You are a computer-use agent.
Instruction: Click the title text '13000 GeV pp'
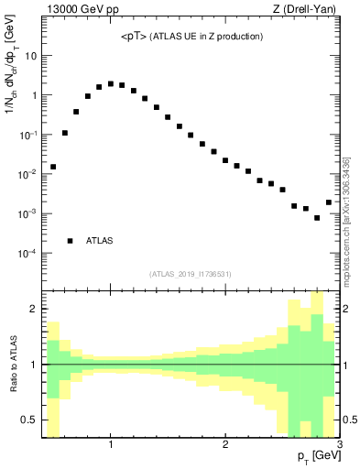[80, 9]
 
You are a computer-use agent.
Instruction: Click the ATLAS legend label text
[99, 241]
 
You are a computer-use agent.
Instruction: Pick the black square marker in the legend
[71, 241]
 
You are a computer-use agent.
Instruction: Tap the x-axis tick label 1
[111, 445]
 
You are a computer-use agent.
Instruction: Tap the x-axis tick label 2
[225, 445]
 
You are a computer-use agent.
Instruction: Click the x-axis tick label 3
[339, 445]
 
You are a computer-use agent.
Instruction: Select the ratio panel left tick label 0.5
[27, 420]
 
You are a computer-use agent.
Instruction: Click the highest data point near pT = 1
[111, 83]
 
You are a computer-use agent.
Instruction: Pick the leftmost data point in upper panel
[53, 167]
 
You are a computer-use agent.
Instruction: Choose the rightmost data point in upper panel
[329, 202]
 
